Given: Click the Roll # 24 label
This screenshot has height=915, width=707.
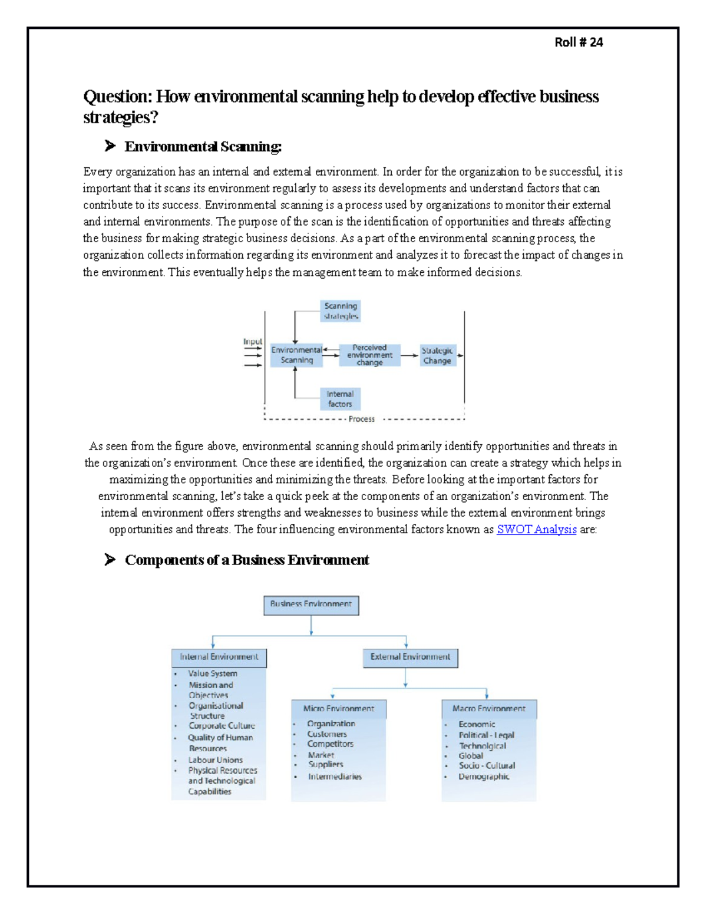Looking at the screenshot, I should tap(579, 42).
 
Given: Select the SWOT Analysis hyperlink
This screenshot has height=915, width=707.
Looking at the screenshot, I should tap(536, 529).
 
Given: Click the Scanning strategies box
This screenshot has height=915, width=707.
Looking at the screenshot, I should tap(341, 311).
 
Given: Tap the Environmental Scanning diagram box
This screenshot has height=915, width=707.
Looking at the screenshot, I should tap(296, 355).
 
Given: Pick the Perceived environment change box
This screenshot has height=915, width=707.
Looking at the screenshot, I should tap(369, 355).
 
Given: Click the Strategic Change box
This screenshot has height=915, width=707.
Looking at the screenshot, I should tap(437, 355).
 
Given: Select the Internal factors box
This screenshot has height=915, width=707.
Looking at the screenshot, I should tap(340, 399).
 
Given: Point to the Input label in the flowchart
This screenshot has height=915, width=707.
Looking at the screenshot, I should tap(252, 342).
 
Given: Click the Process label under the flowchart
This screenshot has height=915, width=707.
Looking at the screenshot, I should tap(361, 419).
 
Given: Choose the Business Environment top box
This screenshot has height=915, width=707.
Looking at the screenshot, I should tap(311, 605).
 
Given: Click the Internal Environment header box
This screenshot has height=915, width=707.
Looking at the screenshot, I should tap(219, 657).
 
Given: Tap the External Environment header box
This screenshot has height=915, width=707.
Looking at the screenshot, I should tap(410, 657).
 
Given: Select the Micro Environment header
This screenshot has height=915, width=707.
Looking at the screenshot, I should tap(338, 709).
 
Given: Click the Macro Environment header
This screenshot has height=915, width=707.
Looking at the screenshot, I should tap(488, 709).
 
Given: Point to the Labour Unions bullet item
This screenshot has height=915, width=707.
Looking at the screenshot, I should tap(215, 760).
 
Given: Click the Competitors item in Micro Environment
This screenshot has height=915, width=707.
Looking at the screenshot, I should tap(330, 744).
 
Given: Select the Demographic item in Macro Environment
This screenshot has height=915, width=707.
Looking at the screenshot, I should tap(484, 777).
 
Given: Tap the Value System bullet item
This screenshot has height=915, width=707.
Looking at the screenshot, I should tap(213, 673).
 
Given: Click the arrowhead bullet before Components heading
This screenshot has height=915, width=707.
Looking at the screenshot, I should tap(110, 560).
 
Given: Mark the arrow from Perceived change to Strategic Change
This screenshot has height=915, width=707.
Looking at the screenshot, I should tap(409, 355).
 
